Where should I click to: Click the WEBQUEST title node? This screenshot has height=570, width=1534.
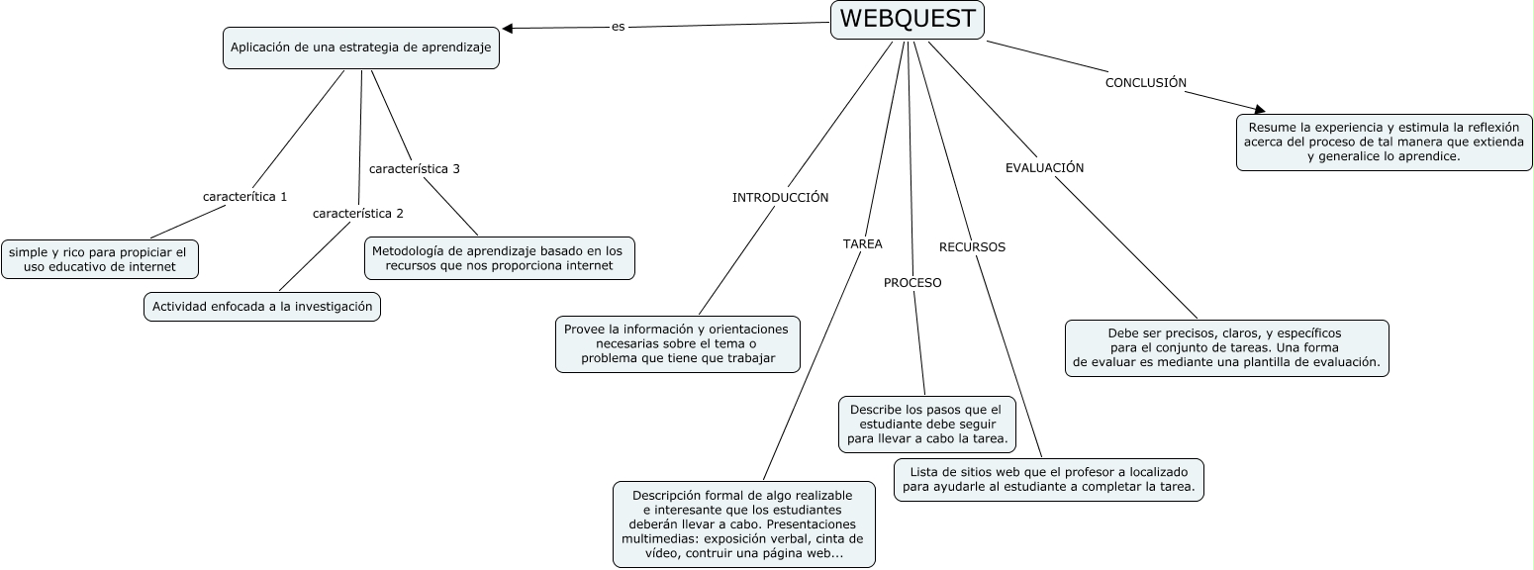point(907,20)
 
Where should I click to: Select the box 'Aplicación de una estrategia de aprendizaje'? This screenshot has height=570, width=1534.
point(361,47)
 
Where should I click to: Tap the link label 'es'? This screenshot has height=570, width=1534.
point(618,27)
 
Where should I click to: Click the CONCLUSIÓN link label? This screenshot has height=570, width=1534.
point(1145,83)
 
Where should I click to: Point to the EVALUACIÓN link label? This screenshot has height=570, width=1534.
point(1044,168)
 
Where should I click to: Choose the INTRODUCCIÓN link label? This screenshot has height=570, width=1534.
point(780,198)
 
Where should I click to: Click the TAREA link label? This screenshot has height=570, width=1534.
point(862,243)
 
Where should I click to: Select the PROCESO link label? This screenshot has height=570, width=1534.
point(912,283)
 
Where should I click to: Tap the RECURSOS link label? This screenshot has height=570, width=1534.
point(972,247)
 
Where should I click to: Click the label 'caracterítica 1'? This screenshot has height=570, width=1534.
point(244,197)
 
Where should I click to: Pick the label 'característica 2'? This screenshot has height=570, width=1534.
point(358,214)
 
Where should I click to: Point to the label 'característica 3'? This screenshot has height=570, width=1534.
point(414,169)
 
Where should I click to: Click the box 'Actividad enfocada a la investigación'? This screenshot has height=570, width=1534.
point(262,308)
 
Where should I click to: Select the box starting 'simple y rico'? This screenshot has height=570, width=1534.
point(99,259)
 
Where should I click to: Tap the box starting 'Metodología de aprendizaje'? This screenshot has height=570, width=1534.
point(499,258)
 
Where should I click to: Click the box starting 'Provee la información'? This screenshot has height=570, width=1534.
point(677,343)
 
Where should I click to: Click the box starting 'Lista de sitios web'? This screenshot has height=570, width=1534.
point(1049,480)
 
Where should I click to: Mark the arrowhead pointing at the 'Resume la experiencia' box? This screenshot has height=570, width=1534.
point(1259,109)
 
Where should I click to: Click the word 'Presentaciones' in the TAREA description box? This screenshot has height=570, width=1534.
point(812,524)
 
